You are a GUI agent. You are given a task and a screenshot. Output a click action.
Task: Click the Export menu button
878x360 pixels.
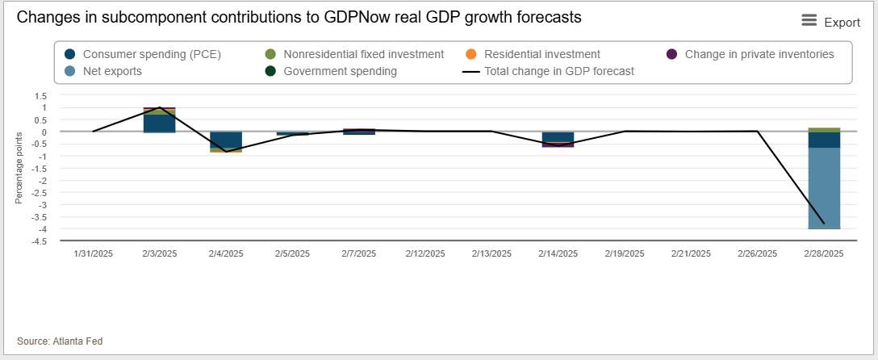[830, 22]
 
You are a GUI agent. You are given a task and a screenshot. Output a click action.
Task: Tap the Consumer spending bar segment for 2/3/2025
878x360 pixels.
[160, 123]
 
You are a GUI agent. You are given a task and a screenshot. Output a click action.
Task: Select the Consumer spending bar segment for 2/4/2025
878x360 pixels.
[226, 139]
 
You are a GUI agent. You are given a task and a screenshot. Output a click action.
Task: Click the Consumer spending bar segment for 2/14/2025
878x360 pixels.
[558, 136]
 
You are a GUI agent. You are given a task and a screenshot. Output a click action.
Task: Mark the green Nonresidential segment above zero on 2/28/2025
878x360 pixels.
[824, 129]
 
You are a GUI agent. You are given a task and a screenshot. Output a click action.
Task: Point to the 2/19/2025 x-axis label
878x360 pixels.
[625, 253]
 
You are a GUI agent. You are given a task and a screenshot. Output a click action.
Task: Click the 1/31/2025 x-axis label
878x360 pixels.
[94, 253]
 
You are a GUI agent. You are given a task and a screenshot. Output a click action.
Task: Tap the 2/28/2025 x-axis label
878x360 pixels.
[824, 253]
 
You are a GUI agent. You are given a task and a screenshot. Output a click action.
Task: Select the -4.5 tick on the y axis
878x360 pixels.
[38, 241]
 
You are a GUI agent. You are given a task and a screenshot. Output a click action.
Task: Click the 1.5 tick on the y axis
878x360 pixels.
[40, 95]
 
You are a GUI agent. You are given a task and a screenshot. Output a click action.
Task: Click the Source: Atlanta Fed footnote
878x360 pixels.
[60, 341]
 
